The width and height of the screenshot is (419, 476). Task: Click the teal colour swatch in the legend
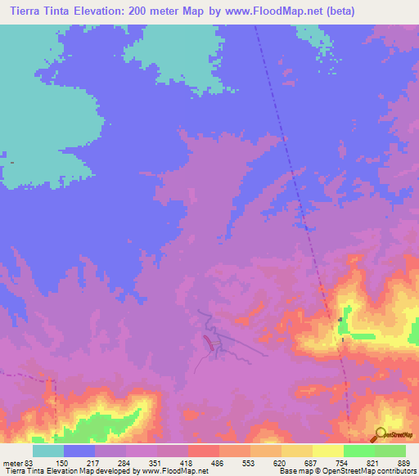tap(48, 451)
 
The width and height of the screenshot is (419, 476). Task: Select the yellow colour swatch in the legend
tap(328, 451)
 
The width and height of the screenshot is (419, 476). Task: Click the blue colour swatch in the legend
tap(79, 451)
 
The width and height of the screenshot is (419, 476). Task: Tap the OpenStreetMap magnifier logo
tap(380, 434)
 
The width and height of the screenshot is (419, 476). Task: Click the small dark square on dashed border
tap(340, 320)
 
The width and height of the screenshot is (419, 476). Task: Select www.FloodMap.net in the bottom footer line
tap(174, 470)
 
